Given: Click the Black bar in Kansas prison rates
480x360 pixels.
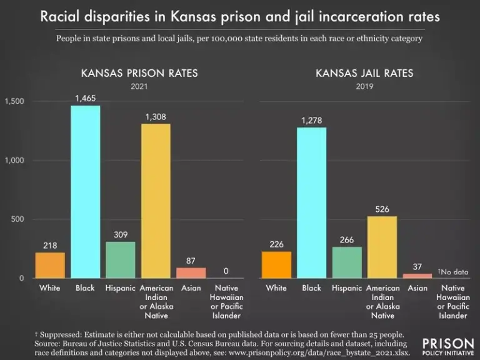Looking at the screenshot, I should click(85, 191).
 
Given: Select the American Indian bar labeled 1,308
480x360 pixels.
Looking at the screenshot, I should click(156, 201).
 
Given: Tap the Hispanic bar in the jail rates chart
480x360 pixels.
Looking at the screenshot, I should click(347, 262).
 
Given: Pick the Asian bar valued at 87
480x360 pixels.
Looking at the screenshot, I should click(191, 272).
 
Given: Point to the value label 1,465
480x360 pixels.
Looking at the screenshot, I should click(85, 98).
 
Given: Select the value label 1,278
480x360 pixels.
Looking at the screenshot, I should click(311, 120).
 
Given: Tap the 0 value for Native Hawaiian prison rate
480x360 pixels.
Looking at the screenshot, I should click(226, 271).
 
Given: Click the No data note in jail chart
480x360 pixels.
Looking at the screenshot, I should click(453, 272).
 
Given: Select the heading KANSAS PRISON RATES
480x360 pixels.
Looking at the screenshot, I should click(139, 73).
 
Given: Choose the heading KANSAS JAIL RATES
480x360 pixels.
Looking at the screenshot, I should click(364, 73).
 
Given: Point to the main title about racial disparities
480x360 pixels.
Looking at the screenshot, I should click(240, 17).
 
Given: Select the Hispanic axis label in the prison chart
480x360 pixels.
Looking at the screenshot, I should click(120, 288).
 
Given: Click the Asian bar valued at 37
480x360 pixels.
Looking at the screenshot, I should click(417, 276).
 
